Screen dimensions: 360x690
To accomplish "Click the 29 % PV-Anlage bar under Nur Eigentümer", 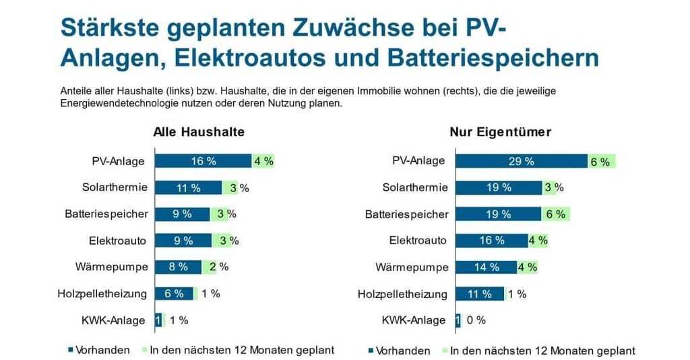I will tap(521, 161).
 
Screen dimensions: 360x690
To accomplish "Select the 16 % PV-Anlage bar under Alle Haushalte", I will tap(203, 161).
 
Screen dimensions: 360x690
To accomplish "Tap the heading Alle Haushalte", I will tap(199, 132).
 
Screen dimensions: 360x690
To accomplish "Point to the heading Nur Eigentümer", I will tap(500, 132).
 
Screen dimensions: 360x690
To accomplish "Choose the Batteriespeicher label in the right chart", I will tap(407, 214).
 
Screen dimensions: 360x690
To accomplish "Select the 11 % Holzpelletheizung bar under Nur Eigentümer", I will tap(479, 293).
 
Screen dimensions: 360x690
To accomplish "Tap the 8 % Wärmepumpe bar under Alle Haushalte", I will tap(178, 266).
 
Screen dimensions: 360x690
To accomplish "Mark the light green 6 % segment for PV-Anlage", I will tap(601, 161).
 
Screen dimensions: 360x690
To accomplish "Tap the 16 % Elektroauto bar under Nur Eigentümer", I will tap(491, 240).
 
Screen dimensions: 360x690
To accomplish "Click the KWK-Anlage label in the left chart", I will tap(118, 320).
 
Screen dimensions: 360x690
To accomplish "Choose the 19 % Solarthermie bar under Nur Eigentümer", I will tap(498, 187).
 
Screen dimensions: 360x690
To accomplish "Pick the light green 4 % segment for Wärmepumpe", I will tap(528, 267).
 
